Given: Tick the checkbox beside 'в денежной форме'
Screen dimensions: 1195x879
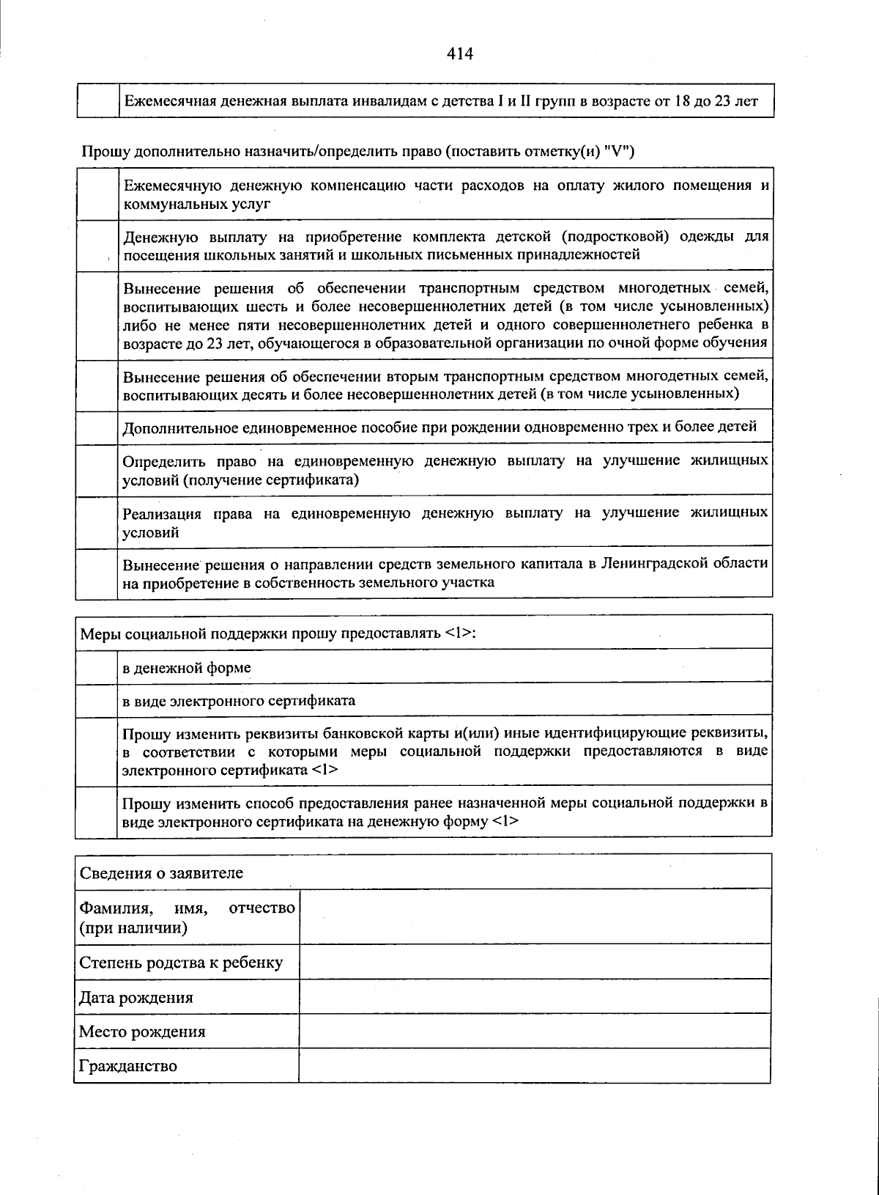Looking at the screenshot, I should click(97, 666).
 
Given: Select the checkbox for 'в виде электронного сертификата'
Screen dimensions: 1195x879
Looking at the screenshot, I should click(97, 699).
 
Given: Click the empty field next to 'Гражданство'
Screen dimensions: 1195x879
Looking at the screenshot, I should click(535, 1065).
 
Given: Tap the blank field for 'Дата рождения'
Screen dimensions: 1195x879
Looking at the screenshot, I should click(535, 997).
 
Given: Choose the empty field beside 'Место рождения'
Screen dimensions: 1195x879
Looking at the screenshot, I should click(535, 1032).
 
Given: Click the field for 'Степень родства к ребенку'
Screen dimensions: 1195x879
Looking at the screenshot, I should click(535, 962).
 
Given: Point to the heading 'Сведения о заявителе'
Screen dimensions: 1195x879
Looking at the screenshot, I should click(161, 873).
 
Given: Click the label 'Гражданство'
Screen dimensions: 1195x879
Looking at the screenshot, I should click(128, 1066).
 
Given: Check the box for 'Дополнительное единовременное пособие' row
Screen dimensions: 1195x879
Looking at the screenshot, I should click(97, 427).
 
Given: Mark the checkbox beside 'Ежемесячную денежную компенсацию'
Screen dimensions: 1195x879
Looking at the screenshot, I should click(97, 194).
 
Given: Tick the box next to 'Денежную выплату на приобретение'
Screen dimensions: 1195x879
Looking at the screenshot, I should click(97, 246).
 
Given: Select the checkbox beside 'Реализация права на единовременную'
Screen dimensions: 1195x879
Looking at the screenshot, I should click(97, 522).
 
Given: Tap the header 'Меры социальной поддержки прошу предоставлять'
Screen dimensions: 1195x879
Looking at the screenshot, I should click(278, 633).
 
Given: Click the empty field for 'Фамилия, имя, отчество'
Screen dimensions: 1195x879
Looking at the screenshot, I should click(535, 917).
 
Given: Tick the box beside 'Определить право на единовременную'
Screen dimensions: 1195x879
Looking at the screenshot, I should click(97, 470).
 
